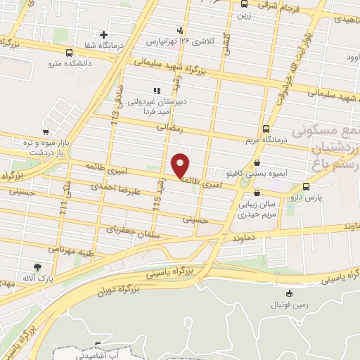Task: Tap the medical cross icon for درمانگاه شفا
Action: (x=103, y=34)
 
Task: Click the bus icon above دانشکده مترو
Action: (x=68, y=52)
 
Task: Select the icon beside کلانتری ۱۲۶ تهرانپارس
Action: (x=181, y=30)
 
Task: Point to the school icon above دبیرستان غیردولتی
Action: (x=156, y=90)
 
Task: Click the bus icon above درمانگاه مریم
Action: (x=265, y=129)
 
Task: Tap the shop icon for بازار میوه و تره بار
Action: (x=45, y=132)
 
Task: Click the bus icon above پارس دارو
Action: (x=306, y=186)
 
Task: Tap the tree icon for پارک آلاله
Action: (x=37, y=267)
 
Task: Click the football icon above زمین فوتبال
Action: (x=289, y=293)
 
